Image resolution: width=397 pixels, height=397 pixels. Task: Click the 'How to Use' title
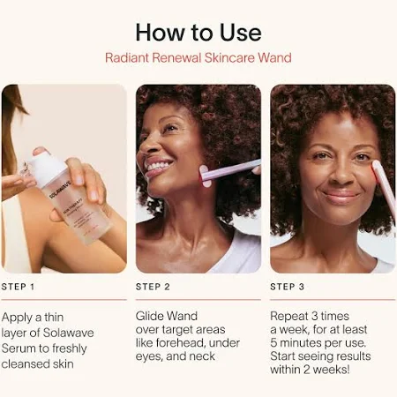point(198,33)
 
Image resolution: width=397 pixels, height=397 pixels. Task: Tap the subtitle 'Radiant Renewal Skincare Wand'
point(198,57)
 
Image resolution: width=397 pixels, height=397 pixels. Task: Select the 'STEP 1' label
point(18,287)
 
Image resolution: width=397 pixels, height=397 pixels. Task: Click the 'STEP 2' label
point(153,287)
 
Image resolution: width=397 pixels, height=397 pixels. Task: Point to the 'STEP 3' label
point(288,287)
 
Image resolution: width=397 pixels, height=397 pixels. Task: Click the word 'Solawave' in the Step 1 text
point(69,333)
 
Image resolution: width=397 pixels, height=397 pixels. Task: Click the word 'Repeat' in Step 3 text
point(289,316)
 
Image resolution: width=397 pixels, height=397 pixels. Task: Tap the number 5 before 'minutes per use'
point(273,343)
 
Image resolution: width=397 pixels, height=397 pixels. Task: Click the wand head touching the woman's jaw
point(205,176)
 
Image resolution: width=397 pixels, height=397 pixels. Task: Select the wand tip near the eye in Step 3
point(376,166)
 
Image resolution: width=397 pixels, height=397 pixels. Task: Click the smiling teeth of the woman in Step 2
point(159,166)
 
